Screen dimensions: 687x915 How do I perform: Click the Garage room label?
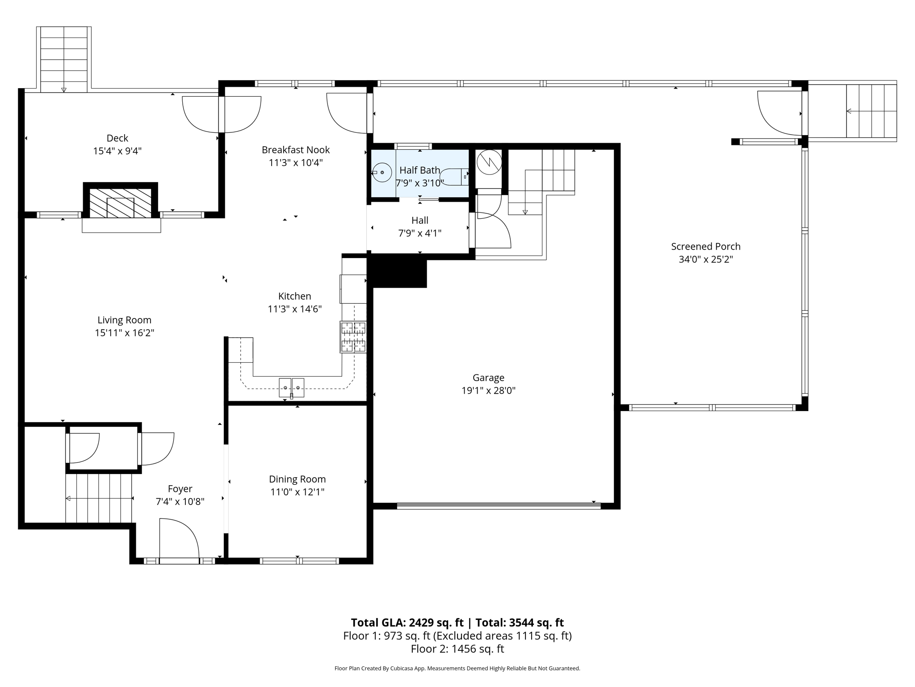488,377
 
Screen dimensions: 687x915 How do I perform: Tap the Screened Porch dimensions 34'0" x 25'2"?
705,259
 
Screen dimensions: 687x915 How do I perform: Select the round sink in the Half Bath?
382,172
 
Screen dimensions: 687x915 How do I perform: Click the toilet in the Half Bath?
453,177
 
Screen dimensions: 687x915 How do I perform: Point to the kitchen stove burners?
353,337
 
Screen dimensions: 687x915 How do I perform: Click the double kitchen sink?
291,387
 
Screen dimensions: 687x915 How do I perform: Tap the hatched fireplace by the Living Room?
121,203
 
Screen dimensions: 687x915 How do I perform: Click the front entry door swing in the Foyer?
179,539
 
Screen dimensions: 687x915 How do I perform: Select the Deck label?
117,138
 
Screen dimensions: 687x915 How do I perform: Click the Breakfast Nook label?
295,150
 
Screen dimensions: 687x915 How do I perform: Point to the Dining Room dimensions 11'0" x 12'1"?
297,492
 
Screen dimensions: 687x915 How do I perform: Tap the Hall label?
420,221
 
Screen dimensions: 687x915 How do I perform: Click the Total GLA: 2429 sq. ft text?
407,623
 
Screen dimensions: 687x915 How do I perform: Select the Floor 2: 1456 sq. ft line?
457,649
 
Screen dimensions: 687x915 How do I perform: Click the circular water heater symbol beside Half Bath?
489,162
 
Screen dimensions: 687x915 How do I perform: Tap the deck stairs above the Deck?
64,59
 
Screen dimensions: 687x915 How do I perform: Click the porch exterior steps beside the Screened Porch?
871,111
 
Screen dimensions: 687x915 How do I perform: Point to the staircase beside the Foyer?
99,498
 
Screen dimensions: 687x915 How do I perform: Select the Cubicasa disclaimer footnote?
457,668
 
